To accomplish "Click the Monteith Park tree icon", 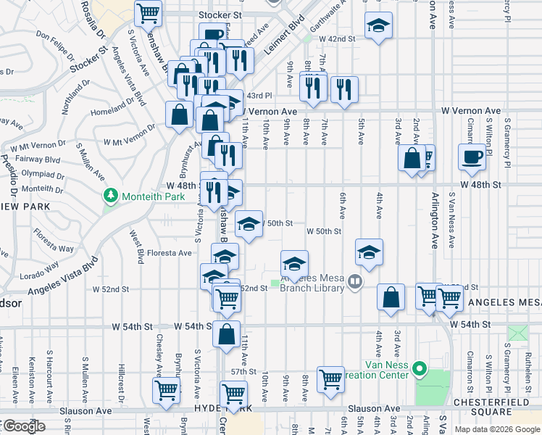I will click(x=111, y=195).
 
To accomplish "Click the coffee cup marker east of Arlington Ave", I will click(x=472, y=157).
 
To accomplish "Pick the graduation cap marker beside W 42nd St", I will click(x=378, y=27).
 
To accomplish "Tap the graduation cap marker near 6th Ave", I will click(x=369, y=252).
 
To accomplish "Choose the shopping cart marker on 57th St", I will click(x=330, y=378).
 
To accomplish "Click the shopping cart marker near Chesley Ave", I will click(x=166, y=389).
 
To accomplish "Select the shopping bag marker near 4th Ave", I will click(x=391, y=297).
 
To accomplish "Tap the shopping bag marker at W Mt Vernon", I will click(x=179, y=115).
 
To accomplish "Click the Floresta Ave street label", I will click(x=169, y=253).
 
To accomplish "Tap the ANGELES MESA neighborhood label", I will click(x=504, y=302).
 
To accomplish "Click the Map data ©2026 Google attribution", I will click(x=497, y=428).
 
